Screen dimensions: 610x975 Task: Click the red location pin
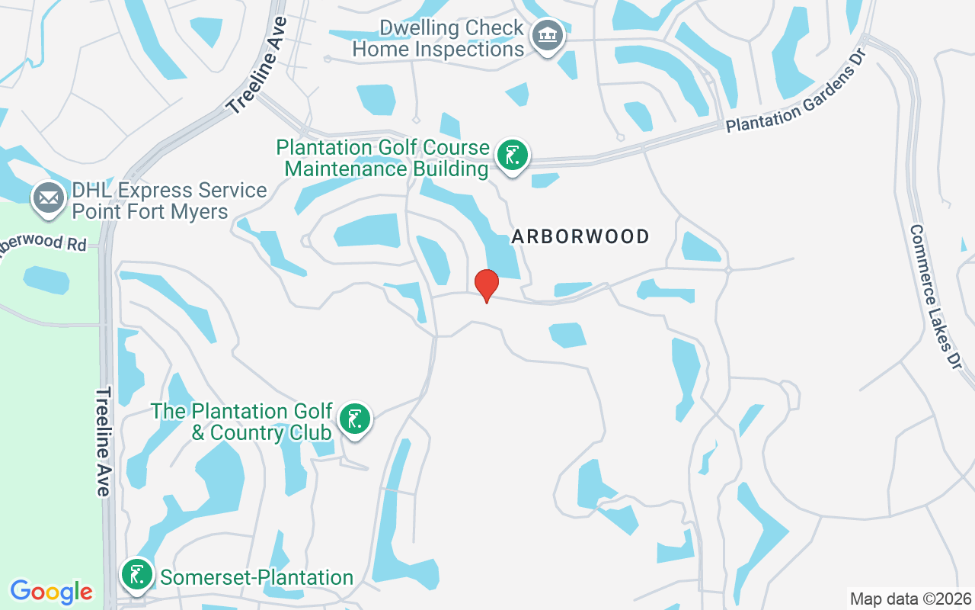(x=487, y=285)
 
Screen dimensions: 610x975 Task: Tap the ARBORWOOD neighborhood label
(x=580, y=236)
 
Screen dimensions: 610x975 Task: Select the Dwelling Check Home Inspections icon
(x=546, y=36)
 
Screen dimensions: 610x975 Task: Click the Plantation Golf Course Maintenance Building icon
(x=513, y=156)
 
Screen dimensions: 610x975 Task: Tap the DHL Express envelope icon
(x=48, y=198)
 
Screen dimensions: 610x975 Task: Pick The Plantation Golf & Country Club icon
(x=354, y=419)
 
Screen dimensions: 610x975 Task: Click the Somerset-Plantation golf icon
(x=137, y=576)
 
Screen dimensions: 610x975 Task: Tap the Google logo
(x=52, y=591)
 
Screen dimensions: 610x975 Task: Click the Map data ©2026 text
(x=911, y=599)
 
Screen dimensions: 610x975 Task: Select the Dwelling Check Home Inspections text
(x=438, y=39)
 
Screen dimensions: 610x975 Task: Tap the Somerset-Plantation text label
(x=257, y=578)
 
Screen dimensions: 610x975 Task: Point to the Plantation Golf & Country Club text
(x=241, y=422)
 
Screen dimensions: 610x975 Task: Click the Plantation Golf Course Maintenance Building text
(x=382, y=158)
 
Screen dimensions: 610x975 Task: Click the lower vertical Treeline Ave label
(x=104, y=442)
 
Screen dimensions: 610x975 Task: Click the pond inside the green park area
(x=46, y=280)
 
